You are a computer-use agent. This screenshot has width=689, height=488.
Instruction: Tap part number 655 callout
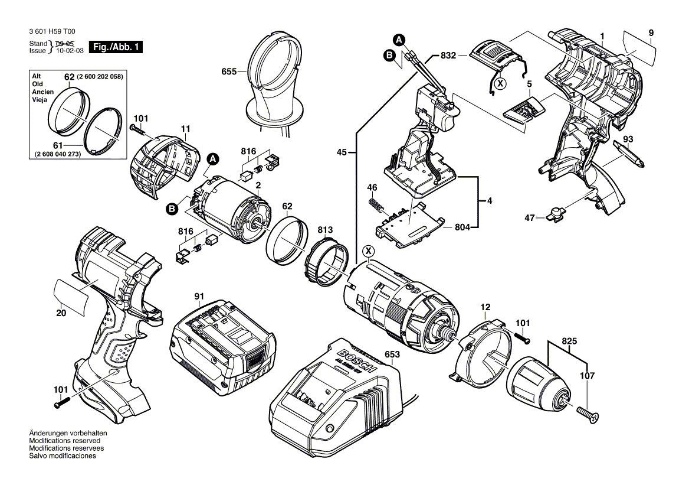228,71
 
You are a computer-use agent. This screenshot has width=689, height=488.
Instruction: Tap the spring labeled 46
376,207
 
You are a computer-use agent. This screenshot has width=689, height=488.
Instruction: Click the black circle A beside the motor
213,159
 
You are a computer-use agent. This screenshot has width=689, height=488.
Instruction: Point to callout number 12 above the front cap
485,308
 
